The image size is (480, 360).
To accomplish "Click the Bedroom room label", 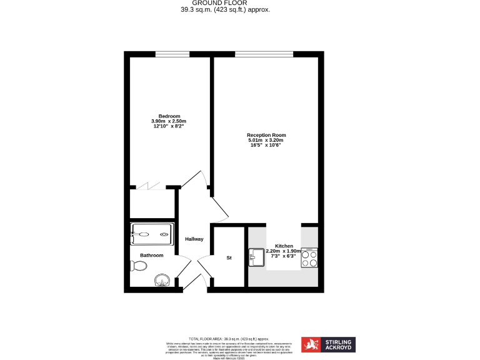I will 169,116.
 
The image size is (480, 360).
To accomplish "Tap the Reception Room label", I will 266,135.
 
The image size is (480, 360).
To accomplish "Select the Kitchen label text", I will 284,246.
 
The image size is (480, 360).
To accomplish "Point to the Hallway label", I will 194,239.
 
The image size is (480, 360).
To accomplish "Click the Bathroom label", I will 152,255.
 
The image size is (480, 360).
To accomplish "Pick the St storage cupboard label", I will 229,257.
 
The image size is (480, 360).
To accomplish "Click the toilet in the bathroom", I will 139,266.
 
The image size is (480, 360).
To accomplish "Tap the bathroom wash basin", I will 162,281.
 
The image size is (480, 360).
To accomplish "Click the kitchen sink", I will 257,256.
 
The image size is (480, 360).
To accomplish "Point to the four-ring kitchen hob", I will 309,257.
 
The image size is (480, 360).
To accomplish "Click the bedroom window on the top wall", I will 172,54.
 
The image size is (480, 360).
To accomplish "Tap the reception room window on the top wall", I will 263,54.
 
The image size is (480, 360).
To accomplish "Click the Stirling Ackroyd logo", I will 328,344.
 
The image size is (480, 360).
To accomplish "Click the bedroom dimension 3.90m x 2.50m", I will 169,121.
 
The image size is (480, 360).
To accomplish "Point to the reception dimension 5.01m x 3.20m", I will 266,140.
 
